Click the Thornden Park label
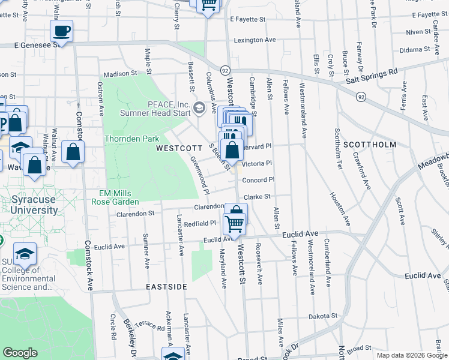pos(131,139)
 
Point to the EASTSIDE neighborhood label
pos(167,287)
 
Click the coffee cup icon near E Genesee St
pos(61,31)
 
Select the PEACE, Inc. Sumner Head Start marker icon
pos(199,109)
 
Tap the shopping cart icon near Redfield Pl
pos(234,224)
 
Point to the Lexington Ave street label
pos(255,40)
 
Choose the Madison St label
pos(121,74)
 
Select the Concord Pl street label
pos(258,179)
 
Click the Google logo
pos(20,353)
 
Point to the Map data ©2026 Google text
pos(412,355)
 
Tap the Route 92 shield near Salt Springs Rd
pos(360,96)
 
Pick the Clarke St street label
pos(258,196)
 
